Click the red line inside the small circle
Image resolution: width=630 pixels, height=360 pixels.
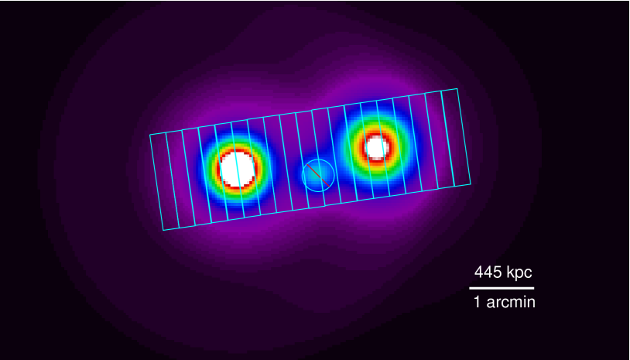pyautogui.click(x=318, y=176)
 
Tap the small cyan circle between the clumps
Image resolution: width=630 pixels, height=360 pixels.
pyautogui.click(x=302, y=175)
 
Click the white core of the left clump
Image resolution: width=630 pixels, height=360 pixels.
pyautogui.click(x=237, y=169)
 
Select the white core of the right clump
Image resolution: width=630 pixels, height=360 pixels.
pyautogui.click(x=377, y=147)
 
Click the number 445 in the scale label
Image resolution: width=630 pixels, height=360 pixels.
pyautogui.click(x=488, y=273)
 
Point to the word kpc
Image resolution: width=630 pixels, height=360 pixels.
pyautogui.click(x=519, y=273)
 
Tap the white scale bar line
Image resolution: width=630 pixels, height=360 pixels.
pyautogui.click(x=502, y=288)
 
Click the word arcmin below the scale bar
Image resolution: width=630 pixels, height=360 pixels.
pyautogui.click(x=511, y=303)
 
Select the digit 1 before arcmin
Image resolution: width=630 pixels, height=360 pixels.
pyautogui.click(x=478, y=303)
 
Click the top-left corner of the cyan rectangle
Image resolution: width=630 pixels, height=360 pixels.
pyautogui.click(x=150, y=135)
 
